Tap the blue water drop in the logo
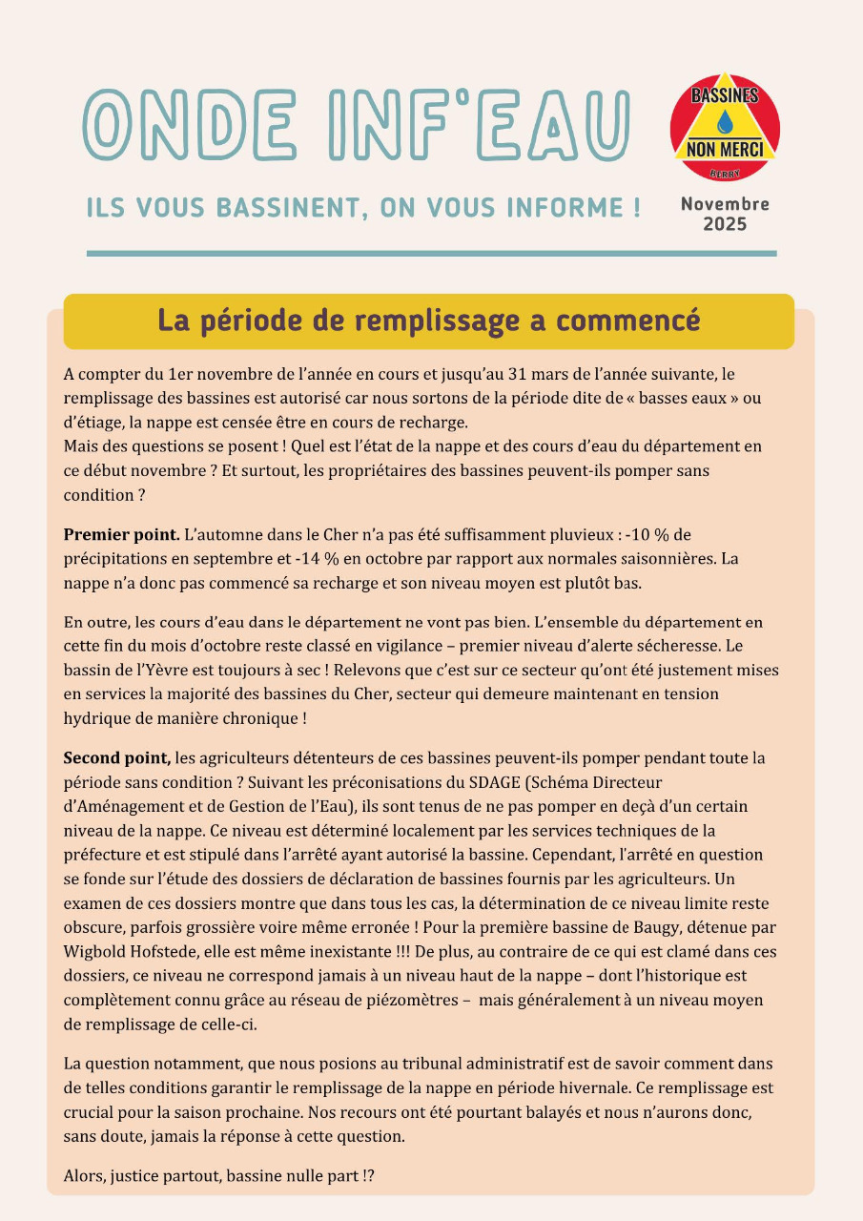click(725, 121)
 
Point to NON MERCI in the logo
click(725, 150)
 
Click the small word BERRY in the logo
click(725, 173)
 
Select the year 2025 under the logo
click(725, 225)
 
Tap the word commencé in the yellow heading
click(628, 321)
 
